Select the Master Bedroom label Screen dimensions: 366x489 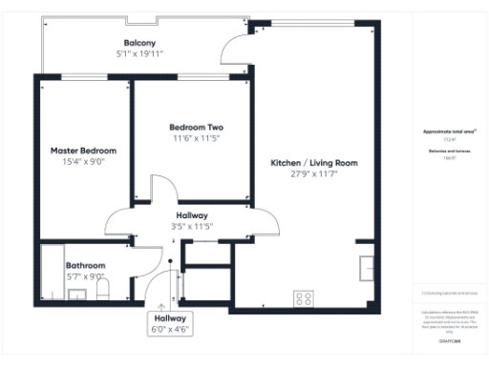(x=84, y=151)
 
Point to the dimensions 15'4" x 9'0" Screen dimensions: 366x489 (x=84, y=162)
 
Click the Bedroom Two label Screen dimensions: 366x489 (x=196, y=127)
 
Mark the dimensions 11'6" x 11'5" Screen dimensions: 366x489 (x=196, y=138)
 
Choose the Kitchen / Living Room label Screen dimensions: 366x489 (x=314, y=163)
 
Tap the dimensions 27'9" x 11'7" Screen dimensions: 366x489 (x=314, y=174)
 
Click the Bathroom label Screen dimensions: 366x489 (x=85, y=266)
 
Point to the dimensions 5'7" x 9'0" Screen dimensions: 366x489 (x=85, y=277)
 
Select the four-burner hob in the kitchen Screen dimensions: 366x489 (x=304, y=298)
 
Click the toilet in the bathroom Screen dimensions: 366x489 (x=105, y=287)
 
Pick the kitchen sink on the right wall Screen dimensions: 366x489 (x=368, y=268)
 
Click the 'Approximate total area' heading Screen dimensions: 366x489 (x=449, y=131)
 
